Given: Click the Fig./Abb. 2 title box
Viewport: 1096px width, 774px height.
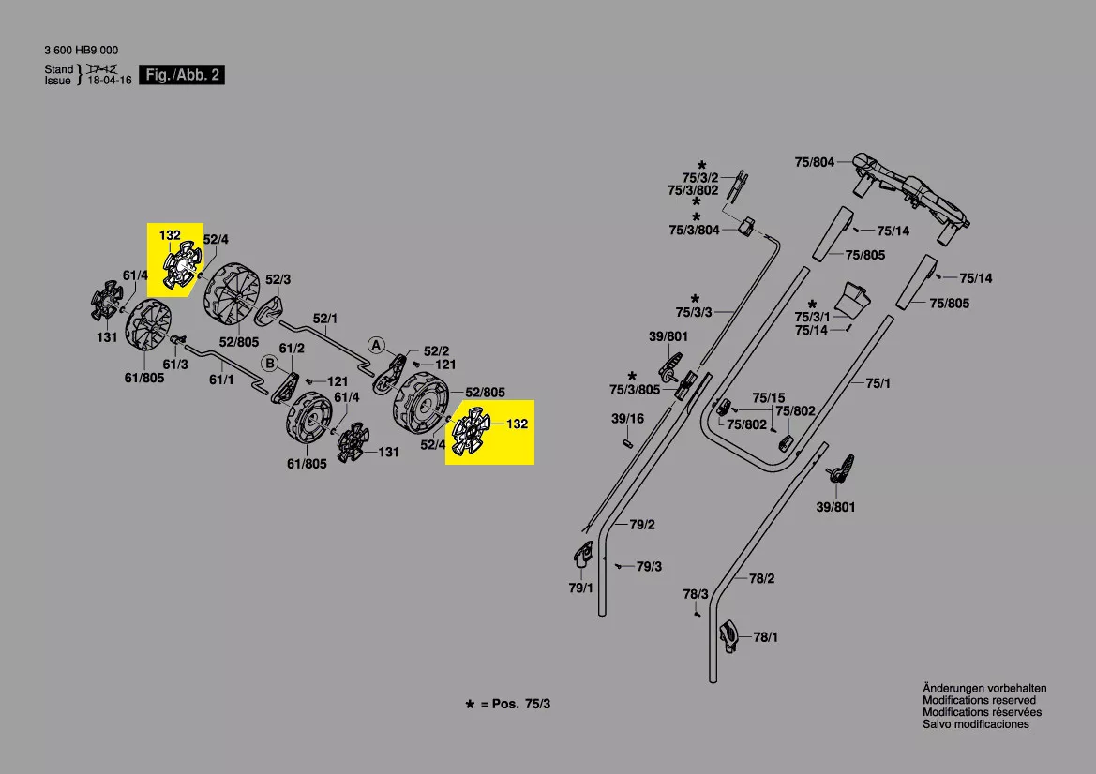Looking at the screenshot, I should tap(183, 75).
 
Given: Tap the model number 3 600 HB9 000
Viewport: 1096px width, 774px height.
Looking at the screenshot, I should tap(82, 51).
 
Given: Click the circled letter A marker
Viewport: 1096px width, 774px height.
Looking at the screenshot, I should tap(376, 345).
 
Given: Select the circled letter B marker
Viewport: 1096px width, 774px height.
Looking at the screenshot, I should tap(268, 363).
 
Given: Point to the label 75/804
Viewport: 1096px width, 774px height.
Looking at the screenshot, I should tap(814, 162).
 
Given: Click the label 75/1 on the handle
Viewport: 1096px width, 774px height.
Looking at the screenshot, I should tap(877, 382).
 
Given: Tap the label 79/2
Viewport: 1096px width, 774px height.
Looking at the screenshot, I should tap(642, 524).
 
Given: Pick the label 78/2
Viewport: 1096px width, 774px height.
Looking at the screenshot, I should tap(762, 578).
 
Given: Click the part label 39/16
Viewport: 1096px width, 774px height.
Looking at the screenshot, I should tap(627, 418).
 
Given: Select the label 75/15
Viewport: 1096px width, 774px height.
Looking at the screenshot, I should tap(768, 397).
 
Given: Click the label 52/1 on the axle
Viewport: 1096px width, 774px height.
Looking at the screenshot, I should tap(325, 319).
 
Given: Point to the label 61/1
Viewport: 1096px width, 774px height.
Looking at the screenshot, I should tap(221, 380).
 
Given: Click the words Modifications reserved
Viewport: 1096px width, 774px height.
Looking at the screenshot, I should tap(979, 700).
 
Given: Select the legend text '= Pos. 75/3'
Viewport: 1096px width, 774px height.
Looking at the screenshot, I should tap(515, 704).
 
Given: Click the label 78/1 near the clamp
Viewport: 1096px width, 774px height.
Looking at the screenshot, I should tap(766, 637).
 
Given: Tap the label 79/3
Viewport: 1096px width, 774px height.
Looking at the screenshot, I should tap(649, 567).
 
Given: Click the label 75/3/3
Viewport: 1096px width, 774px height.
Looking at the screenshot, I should tap(694, 311).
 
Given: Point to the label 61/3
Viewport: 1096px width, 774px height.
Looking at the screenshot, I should tap(176, 364).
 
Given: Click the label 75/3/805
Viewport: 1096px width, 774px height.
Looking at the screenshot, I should tap(636, 390).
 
